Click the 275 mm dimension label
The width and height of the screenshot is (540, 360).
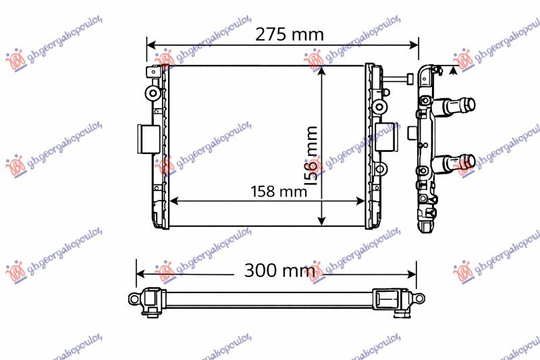289,34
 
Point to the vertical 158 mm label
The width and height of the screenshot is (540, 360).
312,155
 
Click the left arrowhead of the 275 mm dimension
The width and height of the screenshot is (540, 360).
151,45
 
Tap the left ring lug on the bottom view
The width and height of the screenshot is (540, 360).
133,298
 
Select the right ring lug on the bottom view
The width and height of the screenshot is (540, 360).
419,298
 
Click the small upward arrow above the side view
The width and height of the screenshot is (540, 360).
453,70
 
